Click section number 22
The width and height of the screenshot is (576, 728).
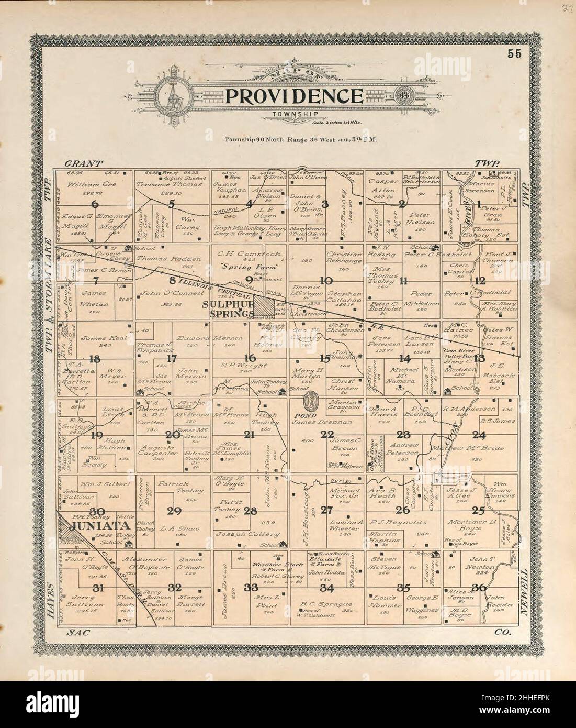click(328, 434)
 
